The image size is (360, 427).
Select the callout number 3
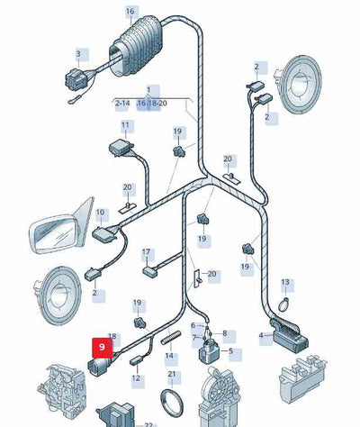pos(78,54)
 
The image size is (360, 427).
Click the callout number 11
pos(125,125)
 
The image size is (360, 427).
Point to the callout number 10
pos(100,213)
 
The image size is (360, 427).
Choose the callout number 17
pos(146,252)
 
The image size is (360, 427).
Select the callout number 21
pos(172,374)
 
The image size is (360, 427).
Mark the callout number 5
pos(229,351)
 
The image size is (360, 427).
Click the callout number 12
pos(137,378)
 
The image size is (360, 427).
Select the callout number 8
pos(225,333)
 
